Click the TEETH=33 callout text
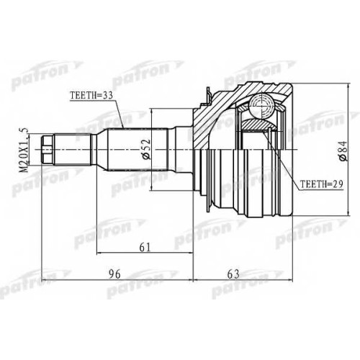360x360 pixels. [x=91, y=96]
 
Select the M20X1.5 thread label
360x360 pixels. [x=24, y=150]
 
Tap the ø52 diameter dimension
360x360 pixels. [x=146, y=149]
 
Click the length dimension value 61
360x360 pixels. [x=145, y=247]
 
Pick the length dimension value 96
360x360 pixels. [x=114, y=274]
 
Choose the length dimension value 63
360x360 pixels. [x=233, y=274]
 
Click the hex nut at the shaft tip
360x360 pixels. [x=47, y=150]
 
